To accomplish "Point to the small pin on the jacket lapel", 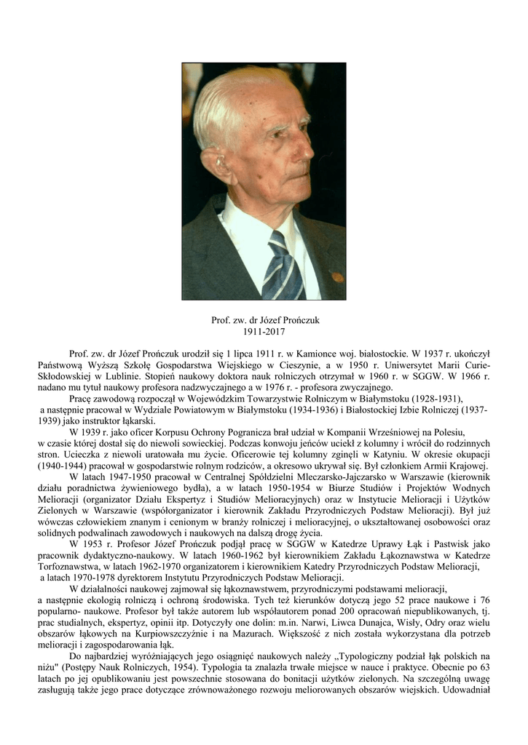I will pos(336,277).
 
